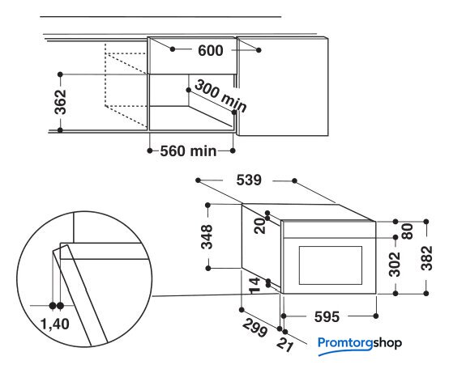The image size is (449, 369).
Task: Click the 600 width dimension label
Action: point(210,51)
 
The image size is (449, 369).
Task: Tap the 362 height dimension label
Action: point(61,102)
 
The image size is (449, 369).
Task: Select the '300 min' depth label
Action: point(220,96)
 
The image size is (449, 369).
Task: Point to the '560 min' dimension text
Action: point(188,151)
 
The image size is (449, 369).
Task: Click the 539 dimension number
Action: point(249,180)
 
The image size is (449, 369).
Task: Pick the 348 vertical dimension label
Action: point(207,237)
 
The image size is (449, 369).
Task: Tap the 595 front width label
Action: point(327,316)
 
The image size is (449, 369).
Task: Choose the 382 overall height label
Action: point(426,258)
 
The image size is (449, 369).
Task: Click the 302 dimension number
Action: point(395,265)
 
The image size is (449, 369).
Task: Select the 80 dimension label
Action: point(408,231)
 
